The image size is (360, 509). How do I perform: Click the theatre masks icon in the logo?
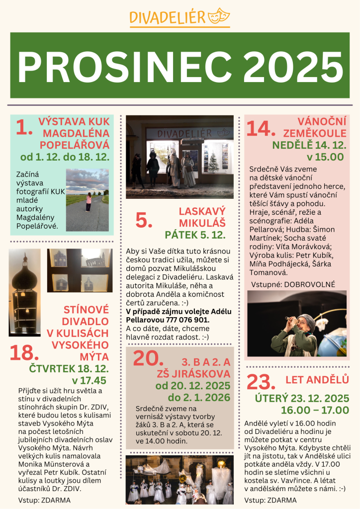tap(218, 16)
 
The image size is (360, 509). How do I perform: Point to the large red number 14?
tap(260, 128)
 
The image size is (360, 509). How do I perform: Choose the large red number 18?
tap(24, 352)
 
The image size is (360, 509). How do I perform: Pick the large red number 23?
tap(261, 382)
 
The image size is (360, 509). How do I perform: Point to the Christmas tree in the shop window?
tap(213, 163)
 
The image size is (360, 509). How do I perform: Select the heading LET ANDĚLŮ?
tap(317, 380)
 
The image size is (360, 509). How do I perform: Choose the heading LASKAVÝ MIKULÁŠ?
tap(202, 217)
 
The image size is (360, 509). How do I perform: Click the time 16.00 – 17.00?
tap(315, 410)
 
